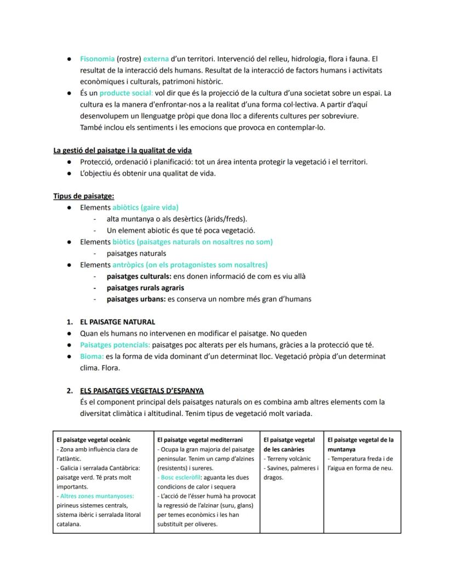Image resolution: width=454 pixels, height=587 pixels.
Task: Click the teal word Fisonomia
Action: pyautogui.click(x=97, y=59)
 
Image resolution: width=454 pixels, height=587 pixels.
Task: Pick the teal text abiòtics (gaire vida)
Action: pyautogui.click(x=145, y=207)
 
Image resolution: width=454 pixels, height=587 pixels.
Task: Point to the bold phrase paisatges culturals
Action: pyautogui.click(x=139, y=276)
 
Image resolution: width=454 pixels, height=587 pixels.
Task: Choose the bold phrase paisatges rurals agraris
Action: pyautogui.click(x=145, y=288)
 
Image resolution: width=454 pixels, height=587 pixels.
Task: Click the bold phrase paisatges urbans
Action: pyautogui.click(x=135, y=299)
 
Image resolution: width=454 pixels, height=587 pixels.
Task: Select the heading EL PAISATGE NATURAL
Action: pyautogui.click(x=117, y=322)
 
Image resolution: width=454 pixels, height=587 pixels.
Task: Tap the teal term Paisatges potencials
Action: pyautogui.click(x=115, y=345)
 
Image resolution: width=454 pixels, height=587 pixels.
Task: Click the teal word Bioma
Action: pyautogui.click(x=92, y=356)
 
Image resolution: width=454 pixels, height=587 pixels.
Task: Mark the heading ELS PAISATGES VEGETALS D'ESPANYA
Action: pyautogui.click(x=141, y=391)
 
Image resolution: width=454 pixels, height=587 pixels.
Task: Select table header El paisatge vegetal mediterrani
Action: pyautogui.click(x=200, y=440)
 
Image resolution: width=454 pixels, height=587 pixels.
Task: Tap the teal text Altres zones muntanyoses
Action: pyautogui.click(x=95, y=496)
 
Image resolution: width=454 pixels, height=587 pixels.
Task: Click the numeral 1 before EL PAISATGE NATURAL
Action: pyautogui.click(x=69, y=322)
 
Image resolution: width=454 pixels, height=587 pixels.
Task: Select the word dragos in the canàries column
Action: pyautogui.click(x=273, y=477)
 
